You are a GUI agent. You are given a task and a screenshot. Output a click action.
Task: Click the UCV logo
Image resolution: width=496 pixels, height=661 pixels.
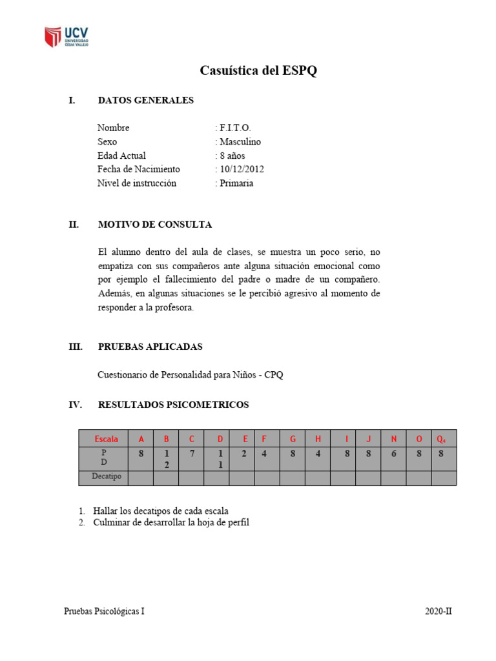[x=67, y=36]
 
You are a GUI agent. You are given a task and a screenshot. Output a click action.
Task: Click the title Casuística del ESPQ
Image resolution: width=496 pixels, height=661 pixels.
[x=258, y=71]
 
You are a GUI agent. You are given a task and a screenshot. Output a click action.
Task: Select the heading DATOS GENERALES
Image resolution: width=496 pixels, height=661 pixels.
[x=145, y=100]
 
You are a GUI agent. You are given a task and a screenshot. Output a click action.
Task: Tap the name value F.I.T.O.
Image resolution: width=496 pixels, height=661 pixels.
[x=235, y=128]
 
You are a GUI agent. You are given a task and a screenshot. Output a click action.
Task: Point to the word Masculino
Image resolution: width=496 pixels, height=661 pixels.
[x=240, y=141]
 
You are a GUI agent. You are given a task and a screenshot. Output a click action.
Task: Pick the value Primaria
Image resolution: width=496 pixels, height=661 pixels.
[x=236, y=183]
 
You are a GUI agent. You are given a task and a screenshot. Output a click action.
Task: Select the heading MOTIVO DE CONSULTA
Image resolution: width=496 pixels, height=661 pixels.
[x=154, y=225]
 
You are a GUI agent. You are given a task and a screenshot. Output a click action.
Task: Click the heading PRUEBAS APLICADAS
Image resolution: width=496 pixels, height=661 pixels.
[x=150, y=347]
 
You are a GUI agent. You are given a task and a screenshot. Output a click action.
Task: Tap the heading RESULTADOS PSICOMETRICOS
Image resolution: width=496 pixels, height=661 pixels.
[x=173, y=405]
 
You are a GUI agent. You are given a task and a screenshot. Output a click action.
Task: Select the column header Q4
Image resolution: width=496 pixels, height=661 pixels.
[x=441, y=439]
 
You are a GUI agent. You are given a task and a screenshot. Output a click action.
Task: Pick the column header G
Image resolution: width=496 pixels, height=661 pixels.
[x=293, y=439]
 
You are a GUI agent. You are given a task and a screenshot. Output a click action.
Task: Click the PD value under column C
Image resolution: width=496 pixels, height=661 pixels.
[x=191, y=454]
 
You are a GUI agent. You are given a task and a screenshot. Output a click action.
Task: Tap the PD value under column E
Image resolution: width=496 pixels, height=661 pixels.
[x=244, y=454]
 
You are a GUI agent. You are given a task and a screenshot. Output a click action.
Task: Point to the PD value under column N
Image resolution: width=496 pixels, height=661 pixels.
[x=393, y=454]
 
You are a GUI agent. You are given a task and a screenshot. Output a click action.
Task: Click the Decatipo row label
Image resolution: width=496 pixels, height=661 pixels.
[x=103, y=478]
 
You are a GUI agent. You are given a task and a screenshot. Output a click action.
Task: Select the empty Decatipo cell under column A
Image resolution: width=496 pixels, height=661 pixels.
[x=141, y=478]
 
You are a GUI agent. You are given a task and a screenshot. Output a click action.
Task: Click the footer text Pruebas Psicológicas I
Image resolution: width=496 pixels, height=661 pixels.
[x=104, y=611]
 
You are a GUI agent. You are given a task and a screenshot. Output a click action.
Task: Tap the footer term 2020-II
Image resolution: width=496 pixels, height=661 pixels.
[x=439, y=611]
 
